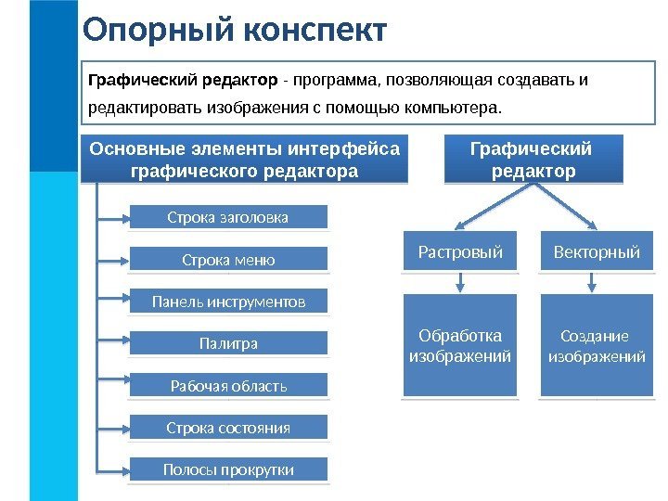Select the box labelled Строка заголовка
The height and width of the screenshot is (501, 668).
pyautogui.click(x=227, y=217)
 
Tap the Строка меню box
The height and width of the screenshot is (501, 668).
pyautogui.click(x=227, y=260)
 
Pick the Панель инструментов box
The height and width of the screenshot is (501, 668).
pyautogui.click(x=227, y=302)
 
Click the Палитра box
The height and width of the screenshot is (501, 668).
pyautogui.click(x=227, y=344)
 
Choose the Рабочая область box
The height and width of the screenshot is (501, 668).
pyautogui.click(x=227, y=386)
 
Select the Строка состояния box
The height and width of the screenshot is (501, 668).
pyautogui.click(x=227, y=428)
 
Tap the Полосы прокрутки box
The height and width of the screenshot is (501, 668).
pyautogui.click(x=227, y=470)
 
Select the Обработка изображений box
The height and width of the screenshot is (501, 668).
pyautogui.click(x=460, y=345)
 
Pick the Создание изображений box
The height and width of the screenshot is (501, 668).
pyautogui.click(x=597, y=345)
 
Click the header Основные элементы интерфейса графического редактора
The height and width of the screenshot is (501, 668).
pyautogui.click(x=245, y=160)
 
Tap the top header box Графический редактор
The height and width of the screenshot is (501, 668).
pyautogui.click(x=533, y=160)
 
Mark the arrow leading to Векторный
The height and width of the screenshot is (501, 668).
pyautogui.click(x=568, y=208)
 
